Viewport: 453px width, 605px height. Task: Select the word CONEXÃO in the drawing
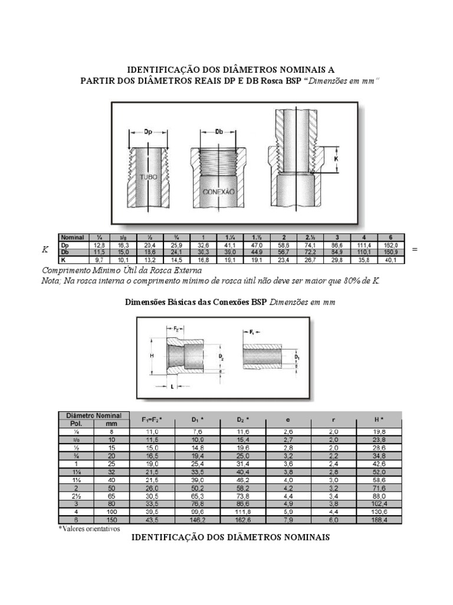tap(219, 193)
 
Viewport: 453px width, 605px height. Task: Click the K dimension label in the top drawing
tap(336, 159)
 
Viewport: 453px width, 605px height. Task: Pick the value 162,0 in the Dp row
tap(391, 245)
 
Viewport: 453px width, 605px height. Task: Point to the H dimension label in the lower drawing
tap(152, 356)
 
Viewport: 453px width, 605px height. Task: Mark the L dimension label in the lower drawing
tap(172, 386)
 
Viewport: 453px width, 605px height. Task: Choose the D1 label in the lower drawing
tap(297, 357)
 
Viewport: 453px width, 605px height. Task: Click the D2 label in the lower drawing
tap(221, 357)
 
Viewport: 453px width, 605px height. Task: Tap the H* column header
tap(378, 419)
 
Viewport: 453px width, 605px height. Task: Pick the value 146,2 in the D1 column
tap(197, 519)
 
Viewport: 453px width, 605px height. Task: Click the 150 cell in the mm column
tap(111, 519)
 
